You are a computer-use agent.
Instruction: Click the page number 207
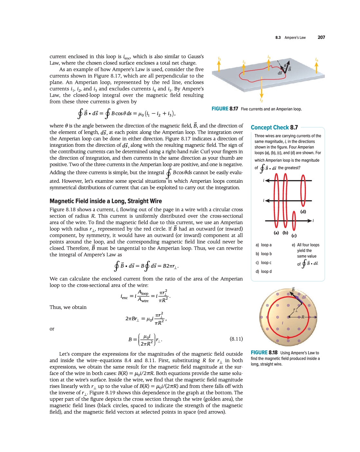321,37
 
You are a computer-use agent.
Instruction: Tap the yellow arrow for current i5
219,66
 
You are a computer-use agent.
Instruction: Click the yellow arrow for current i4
317,68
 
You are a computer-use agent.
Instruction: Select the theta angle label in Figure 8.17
285,66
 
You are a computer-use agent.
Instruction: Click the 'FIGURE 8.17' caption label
225,109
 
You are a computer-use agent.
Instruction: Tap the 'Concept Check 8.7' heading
274,128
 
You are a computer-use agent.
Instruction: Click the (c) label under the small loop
294,236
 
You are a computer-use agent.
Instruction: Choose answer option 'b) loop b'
264,254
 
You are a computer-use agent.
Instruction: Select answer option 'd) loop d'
264,272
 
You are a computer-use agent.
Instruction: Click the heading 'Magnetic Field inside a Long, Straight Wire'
106,201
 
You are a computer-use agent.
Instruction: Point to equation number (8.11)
236,339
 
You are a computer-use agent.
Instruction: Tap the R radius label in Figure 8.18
303,317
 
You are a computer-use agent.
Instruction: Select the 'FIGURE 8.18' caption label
264,353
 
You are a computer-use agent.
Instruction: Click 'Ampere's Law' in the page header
295,38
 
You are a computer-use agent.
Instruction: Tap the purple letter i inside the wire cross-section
282,323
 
